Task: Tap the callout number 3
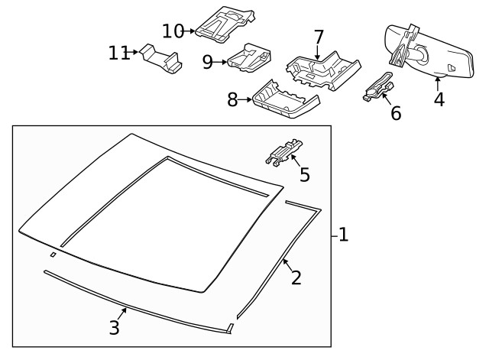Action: [x=114, y=327]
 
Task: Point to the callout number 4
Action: [x=439, y=99]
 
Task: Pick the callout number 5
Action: [x=304, y=175]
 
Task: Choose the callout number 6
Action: [x=395, y=113]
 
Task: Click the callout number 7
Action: [x=319, y=37]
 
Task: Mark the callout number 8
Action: [x=232, y=99]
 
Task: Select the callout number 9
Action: [x=208, y=62]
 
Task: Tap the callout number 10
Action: [x=173, y=31]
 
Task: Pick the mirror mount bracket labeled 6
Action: [x=377, y=87]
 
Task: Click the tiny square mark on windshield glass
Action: [x=52, y=254]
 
